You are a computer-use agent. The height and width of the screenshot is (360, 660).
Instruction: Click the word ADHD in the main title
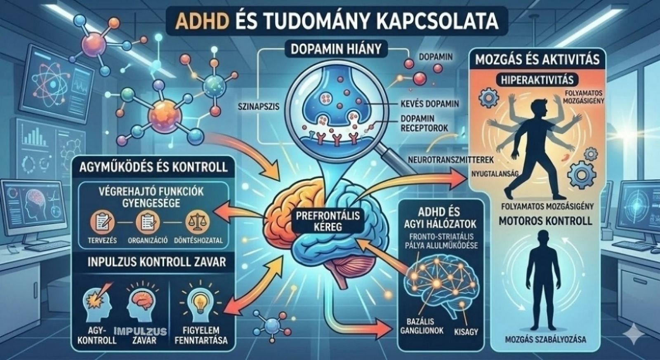(x=202, y=21)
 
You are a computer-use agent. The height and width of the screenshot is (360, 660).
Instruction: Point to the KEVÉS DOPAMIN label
(x=429, y=104)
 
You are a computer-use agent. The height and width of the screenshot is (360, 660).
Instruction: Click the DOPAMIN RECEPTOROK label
(x=424, y=123)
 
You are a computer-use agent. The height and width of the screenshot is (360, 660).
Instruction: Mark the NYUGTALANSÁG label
(x=494, y=174)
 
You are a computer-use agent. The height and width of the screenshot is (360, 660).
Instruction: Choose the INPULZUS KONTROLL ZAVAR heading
(x=157, y=262)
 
